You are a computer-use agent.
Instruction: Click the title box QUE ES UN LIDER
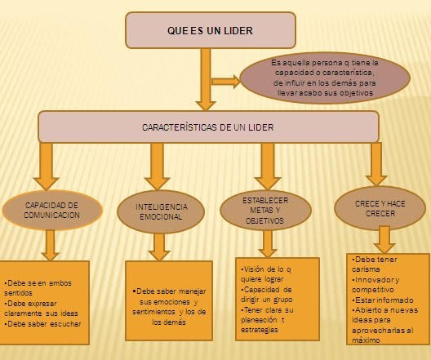coord(211,30)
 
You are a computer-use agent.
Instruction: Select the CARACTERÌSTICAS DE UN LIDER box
coord(208,127)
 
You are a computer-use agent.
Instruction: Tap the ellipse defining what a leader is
coord(325,78)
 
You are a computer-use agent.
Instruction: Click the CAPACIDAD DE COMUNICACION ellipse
coord(52,211)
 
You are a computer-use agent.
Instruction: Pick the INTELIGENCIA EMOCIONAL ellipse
coord(161,211)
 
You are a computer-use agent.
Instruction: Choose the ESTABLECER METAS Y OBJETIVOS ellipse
coord(265,211)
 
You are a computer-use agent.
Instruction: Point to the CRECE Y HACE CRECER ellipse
coord(380,208)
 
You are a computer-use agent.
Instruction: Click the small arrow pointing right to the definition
coord(226,82)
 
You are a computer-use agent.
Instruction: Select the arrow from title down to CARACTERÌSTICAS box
coord(206,80)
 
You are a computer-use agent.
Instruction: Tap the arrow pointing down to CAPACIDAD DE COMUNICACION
coord(47,167)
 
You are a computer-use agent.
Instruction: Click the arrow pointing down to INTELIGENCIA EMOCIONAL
coord(158,167)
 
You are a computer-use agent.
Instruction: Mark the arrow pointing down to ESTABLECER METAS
coord(268,167)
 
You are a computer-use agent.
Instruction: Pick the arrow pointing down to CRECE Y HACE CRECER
coord(376,164)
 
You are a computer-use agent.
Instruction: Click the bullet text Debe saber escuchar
coord(42,324)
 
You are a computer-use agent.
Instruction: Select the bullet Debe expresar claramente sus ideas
coord(42,309)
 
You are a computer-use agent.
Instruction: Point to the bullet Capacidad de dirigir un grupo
coord(266,295)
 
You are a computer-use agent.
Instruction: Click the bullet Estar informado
coord(383,300)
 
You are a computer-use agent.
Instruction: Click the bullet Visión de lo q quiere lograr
coord(265,274)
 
